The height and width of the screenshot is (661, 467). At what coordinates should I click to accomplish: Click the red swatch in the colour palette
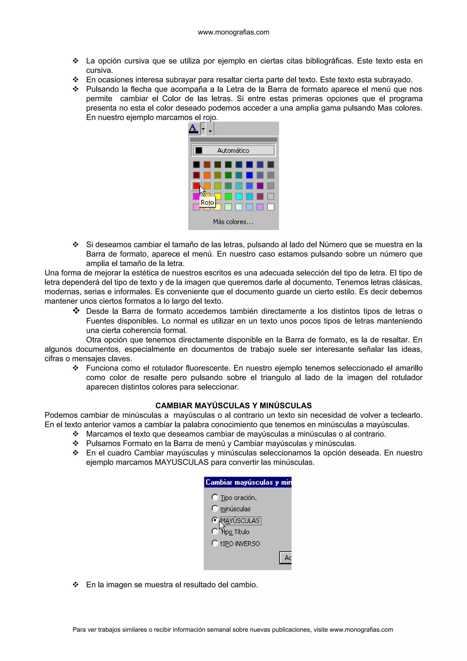tap(196, 186)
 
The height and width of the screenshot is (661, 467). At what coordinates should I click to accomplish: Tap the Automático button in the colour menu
tap(233, 150)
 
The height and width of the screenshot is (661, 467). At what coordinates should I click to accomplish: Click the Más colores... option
tap(233, 222)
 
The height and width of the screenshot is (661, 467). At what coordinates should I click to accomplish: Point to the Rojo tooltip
tap(207, 202)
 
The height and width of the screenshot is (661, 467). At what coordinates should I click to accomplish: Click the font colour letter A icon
tap(193, 128)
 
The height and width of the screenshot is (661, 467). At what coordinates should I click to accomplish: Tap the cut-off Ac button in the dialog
tap(286, 558)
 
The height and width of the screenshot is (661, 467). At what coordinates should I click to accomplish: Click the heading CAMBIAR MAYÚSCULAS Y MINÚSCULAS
tap(233, 406)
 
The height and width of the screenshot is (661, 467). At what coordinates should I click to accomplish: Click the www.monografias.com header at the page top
tap(233, 32)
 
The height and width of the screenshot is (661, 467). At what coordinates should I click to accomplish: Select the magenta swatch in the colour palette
tap(196, 196)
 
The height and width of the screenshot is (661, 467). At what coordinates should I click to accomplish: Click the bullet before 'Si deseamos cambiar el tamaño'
tap(76, 245)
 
